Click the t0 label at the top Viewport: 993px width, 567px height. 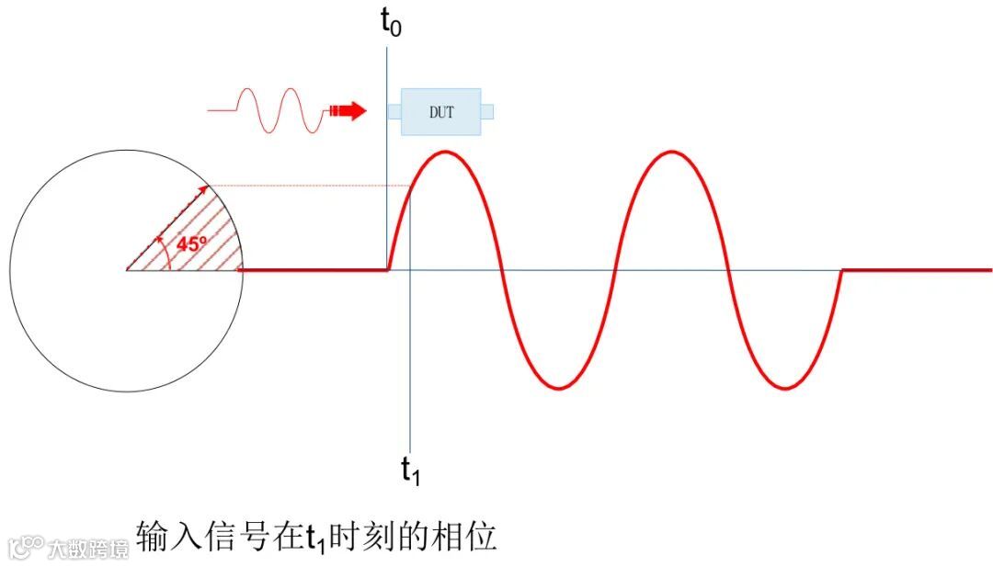pyautogui.click(x=391, y=23)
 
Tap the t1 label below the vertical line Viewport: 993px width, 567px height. pyautogui.click(x=410, y=470)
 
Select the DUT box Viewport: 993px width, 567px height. pyautogui.click(x=440, y=112)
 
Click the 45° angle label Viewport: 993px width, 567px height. pyautogui.click(x=191, y=245)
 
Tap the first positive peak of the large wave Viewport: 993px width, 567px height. pyautogui.click(x=446, y=151)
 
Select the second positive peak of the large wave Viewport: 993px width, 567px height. pyautogui.click(x=672, y=151)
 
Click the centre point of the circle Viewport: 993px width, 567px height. pyautogui.click(x=127, y=270)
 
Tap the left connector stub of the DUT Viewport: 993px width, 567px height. pyautogui.click(x=394, y=112)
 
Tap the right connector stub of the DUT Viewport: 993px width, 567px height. pyautogui.click(x=487, y=112)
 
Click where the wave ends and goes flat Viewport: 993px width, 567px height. pyautogui.click(x=842, y=270)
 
